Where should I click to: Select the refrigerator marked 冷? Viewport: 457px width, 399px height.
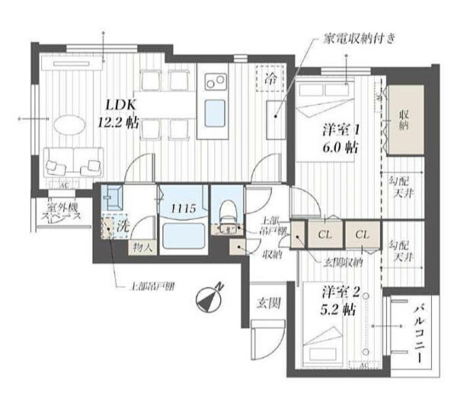[272, 78]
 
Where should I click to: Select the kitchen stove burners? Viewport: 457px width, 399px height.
[213, 79]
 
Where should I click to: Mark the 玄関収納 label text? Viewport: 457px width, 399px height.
[344, 263]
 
